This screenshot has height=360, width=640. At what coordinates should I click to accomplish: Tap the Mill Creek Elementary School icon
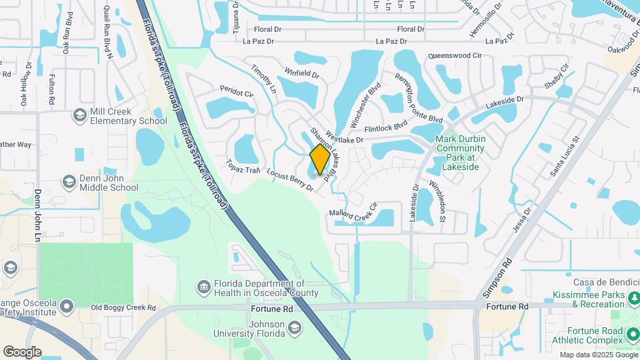click(80, 116)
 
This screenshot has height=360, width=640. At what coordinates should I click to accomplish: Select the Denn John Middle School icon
click(69, 182)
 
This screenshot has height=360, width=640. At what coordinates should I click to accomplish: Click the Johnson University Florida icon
click(295, 327)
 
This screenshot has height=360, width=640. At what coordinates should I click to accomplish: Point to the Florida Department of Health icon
click(203, 287)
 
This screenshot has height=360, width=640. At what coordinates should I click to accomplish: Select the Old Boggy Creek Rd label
click(123, 308)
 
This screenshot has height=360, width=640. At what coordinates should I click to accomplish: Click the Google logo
click(22, 351)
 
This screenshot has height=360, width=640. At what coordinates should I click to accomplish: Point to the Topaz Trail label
click(242, 166)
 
